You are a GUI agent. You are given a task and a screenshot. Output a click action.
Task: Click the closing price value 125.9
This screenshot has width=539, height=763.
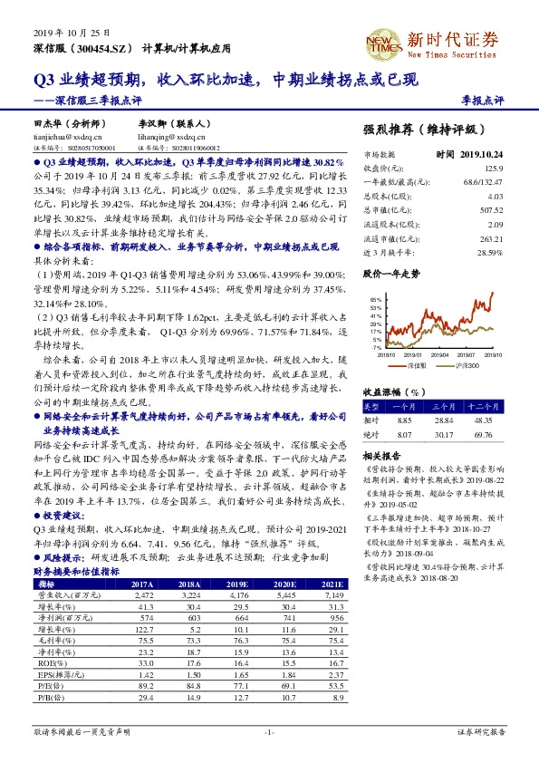(493, 168)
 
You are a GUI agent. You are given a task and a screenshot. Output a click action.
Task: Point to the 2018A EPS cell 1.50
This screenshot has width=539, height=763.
(189, 699)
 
